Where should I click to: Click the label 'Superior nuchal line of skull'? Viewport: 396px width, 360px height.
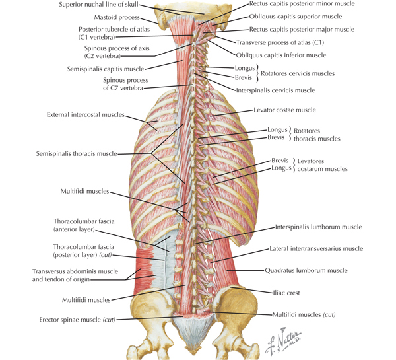[98, 5]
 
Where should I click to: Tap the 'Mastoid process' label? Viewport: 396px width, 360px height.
[117, 17]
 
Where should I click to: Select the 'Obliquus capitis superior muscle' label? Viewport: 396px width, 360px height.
[296, 17]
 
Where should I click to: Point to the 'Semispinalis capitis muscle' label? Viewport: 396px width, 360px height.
[106, 69]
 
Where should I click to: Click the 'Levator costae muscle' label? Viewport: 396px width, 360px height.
[285, 110]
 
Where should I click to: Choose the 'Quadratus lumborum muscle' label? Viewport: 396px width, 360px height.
[306, 271]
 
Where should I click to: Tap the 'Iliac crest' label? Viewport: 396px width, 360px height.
[286, 293]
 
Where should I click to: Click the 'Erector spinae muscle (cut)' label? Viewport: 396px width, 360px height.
[77, 320]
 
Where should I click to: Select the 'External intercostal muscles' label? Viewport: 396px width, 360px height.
[86, 115]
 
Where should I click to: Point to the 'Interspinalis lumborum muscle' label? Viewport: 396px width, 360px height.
[319, 227]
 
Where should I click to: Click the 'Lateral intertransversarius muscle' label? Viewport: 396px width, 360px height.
[316, 249]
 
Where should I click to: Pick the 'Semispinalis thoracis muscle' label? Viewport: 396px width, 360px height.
[77, 154]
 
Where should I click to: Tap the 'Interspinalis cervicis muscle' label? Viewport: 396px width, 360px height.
[275, 90]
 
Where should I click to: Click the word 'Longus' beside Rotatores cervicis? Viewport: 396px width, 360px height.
[245, 68]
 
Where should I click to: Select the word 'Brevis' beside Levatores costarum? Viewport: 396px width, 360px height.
[280, 161]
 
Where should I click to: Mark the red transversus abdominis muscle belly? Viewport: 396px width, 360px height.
[143, 271]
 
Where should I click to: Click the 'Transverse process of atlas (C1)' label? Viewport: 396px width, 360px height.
[280, 42]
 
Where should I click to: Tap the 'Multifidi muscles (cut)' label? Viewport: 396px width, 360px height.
[304, 315]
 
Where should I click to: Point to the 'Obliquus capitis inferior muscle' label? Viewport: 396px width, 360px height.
[281, 55]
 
